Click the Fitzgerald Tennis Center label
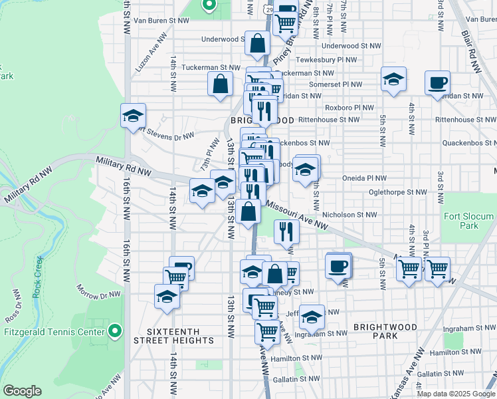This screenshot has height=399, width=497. (54, 331)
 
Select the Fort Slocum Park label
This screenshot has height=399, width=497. (469, 221)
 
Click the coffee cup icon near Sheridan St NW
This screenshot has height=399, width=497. (438, 83)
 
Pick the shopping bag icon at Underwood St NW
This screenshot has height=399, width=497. (257, 45)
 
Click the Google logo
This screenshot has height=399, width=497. (22, 391)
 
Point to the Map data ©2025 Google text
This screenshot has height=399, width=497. (456, 393)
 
